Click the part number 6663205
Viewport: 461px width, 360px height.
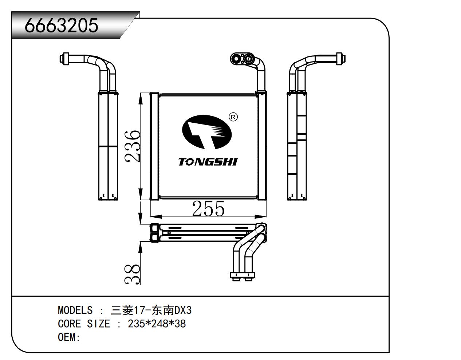[x=61, y=25]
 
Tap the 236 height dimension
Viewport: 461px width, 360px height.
[x=133, y=146]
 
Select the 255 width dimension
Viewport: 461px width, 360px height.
[x=208, y=209]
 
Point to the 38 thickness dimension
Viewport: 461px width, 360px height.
[x=133, y=274]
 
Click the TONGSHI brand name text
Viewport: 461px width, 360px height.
[x=208, y=162]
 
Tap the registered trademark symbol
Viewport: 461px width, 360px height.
[x=233, y=117]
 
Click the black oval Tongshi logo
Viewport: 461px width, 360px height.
[x=206, y=132]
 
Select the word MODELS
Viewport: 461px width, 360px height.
[x=75, y=310]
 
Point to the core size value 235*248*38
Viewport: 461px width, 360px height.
[x=157, y=324]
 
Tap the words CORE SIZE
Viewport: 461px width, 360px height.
[x=84, y=324]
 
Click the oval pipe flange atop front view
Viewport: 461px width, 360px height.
[x=241, y=58]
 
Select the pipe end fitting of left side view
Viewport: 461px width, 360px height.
[x=64, y=59]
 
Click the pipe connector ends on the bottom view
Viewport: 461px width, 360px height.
[x=242, y=277]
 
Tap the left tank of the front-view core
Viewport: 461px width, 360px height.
[x=154, y=146]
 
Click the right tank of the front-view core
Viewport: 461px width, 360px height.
[x=261, y=146]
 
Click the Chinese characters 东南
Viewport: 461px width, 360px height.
[x=163, y=310]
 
